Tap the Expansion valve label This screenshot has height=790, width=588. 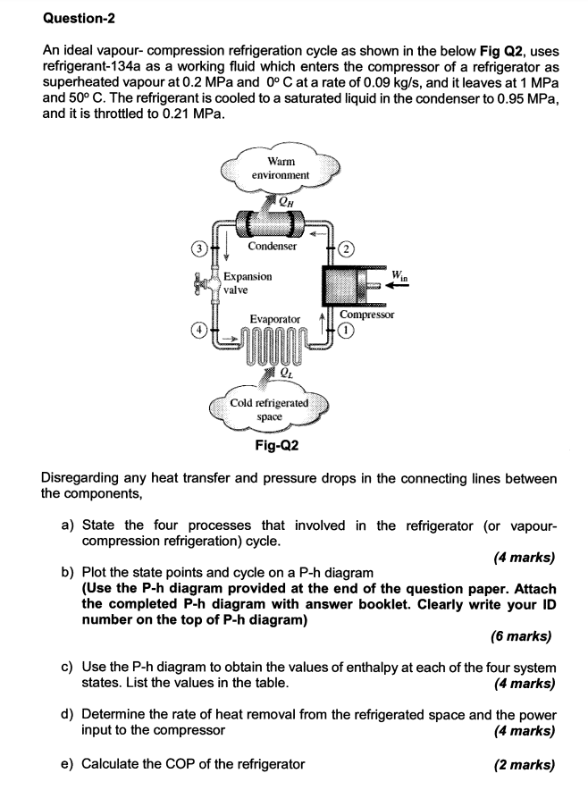(x=248, y=283)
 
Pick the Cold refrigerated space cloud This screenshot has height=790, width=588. (x=270, y=409)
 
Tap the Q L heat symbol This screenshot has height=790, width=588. (x=284, y=374)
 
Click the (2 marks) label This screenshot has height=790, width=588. (x=524, y=764)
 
